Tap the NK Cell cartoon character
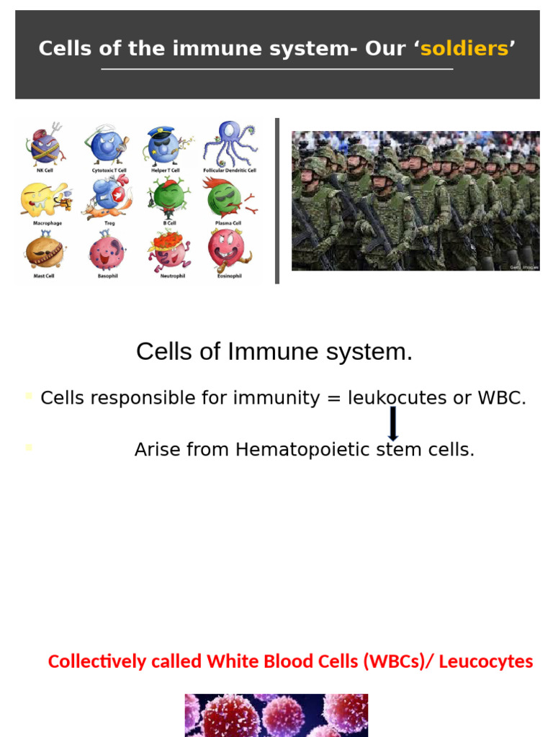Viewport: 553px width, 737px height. tap(45, 145)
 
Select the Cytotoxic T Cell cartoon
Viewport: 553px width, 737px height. tap(106, 145)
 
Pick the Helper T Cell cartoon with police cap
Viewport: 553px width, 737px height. tap(165, 145)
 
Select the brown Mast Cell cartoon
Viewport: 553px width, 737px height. tap(45, 251)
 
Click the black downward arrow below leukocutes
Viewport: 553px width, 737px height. tap(393, 423)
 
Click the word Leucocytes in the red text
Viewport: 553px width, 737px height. tap(486, 661)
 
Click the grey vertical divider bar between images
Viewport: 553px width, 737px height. tap(277, 201)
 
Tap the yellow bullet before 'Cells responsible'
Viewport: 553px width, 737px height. tap(29, 395)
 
